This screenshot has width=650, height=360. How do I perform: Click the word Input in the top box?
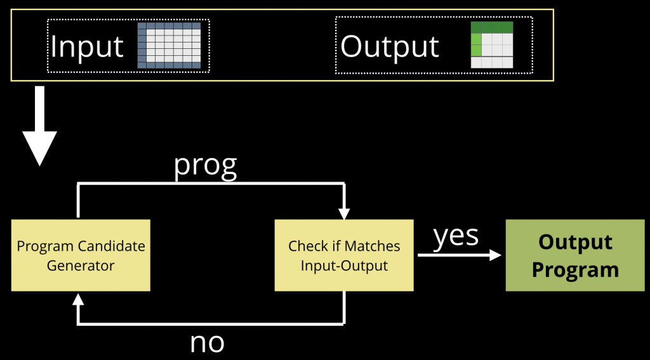(87, 46)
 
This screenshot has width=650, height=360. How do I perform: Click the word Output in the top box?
(390, 46)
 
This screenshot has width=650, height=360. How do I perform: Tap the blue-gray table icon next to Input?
(169, 45)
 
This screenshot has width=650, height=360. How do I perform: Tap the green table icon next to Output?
(491, 45)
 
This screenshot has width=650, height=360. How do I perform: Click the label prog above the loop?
(205, 164)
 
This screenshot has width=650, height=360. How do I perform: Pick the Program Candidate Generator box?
(81, 255)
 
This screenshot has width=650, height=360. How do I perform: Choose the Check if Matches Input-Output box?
(344, 255)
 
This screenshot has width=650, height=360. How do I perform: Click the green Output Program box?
(574, 255)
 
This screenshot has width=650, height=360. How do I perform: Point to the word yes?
(456, 236)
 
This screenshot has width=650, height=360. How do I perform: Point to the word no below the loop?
(207, 342)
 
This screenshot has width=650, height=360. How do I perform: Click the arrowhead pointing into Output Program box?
(495, 255)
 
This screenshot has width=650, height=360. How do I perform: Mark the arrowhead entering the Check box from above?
(345, 213)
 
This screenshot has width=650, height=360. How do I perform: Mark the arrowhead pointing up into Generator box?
(78, 298)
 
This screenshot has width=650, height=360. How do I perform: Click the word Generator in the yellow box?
(81, 265)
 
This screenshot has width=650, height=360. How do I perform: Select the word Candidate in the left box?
(112, 246)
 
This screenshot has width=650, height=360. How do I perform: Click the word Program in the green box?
(575, 269)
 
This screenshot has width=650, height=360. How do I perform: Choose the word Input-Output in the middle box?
(344, 265)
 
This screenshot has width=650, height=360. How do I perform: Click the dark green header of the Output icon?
(491, 27)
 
